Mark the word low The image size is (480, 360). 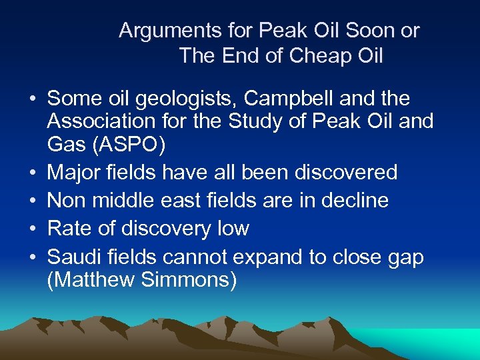[x=232, y=229]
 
